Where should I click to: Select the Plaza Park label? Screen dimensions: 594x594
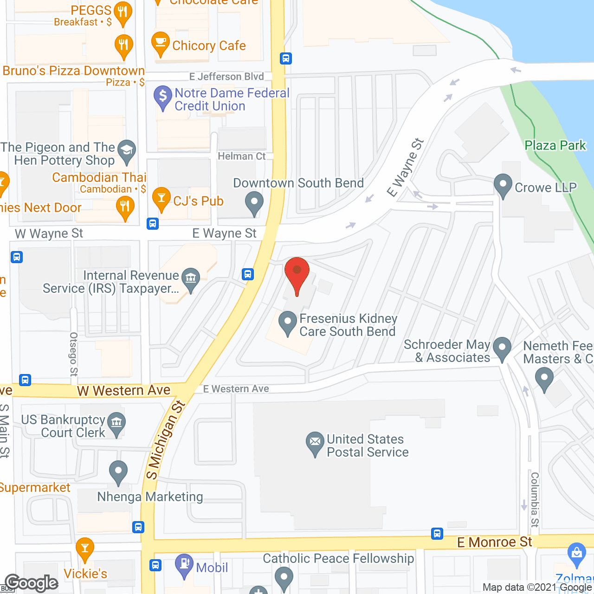click(555, 145)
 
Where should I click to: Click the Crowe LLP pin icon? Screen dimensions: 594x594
click(503, 185)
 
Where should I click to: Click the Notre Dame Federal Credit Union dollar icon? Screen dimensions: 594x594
click(162, 97)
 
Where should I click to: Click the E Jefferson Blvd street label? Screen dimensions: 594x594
click(226, 77)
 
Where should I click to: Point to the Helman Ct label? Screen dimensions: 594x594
click(242, 156)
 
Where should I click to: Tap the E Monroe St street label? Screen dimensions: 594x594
click(494, 542)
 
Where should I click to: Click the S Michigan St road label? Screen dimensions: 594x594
click(165, 439)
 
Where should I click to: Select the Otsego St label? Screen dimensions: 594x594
click(74, 354)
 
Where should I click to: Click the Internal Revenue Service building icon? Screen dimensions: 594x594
click(190, 278)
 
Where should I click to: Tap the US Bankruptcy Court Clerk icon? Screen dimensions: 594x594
click(116, 423)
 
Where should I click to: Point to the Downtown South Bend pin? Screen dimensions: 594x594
click(254, 203)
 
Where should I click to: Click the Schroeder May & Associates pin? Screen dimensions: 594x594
click(502, 348)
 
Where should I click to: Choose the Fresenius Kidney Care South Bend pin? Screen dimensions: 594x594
click(288, 322)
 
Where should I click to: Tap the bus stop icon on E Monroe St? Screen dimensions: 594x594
click(437, 534)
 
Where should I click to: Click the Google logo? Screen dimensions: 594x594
click(32, 582)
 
